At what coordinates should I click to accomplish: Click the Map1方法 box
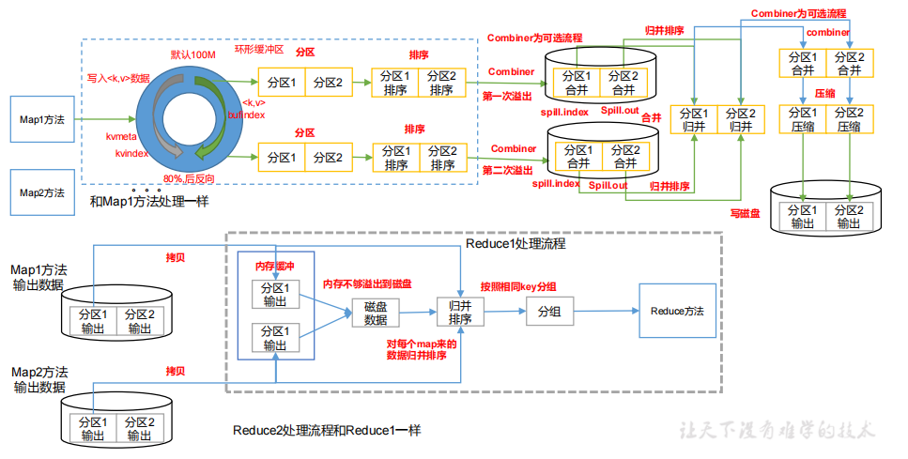pyautogui.click(x=42, y=120)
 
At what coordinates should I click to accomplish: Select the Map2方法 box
pyautogui.click(x=42, y=192)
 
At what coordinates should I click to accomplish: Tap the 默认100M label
pyautogui.click(x=192, y=56)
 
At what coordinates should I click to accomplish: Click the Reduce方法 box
pyautogui.click(x=677, y=311)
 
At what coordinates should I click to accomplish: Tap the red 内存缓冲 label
pyautogui.click(x=276, y=267)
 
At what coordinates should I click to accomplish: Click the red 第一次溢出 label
pyautogui.click(x=508, y=96)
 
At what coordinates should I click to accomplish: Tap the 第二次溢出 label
pyautogui.click(x=507, y=170)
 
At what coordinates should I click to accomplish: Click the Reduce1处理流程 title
pyautogui.click(x=516, y=244)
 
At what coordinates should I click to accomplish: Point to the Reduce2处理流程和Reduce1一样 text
pyautogui.click(x=327, y=431)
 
